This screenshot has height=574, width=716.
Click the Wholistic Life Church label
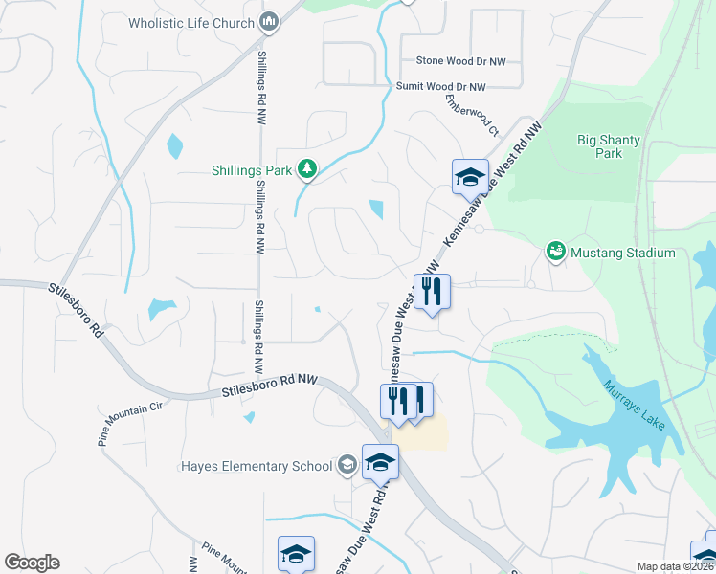pyautogui.click(x=192, y=23)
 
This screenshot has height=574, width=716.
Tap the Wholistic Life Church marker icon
pyautogui.click(x=269, y=22)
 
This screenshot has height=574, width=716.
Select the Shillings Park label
pyautogui.click(x=252, y=170)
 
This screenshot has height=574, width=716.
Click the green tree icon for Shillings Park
pyautogui.click(x=306, y=169)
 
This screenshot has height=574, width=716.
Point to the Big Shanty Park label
pyautogui.click(x=599, y=146)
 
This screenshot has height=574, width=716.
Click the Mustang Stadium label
pyautogui.click(x=623, y=253)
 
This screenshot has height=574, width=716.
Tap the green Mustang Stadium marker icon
pyautogui.click(x=555, y=252)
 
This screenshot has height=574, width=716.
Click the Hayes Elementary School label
pyautogui.click(x=255, y=466)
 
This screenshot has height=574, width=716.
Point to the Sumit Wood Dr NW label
pyautogui.click(x=441, y=86)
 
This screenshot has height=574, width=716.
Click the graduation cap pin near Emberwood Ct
pyautogui.click(x=470, y=176)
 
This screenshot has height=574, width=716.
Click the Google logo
pyautogui.click(x=32, y=563)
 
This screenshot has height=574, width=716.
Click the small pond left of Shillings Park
pyautogui.click(x=174, y=146)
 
